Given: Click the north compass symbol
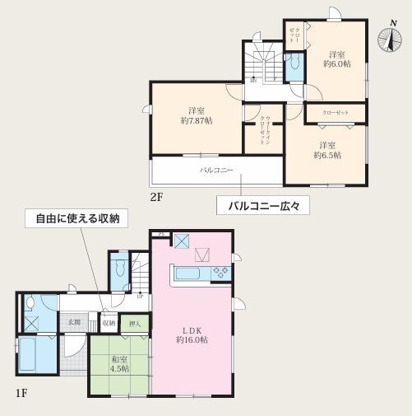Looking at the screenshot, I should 387,39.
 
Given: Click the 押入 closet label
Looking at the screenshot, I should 135,323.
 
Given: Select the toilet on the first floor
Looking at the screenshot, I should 120,269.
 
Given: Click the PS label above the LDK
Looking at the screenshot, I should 161,236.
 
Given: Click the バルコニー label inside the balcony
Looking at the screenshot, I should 217,171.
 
